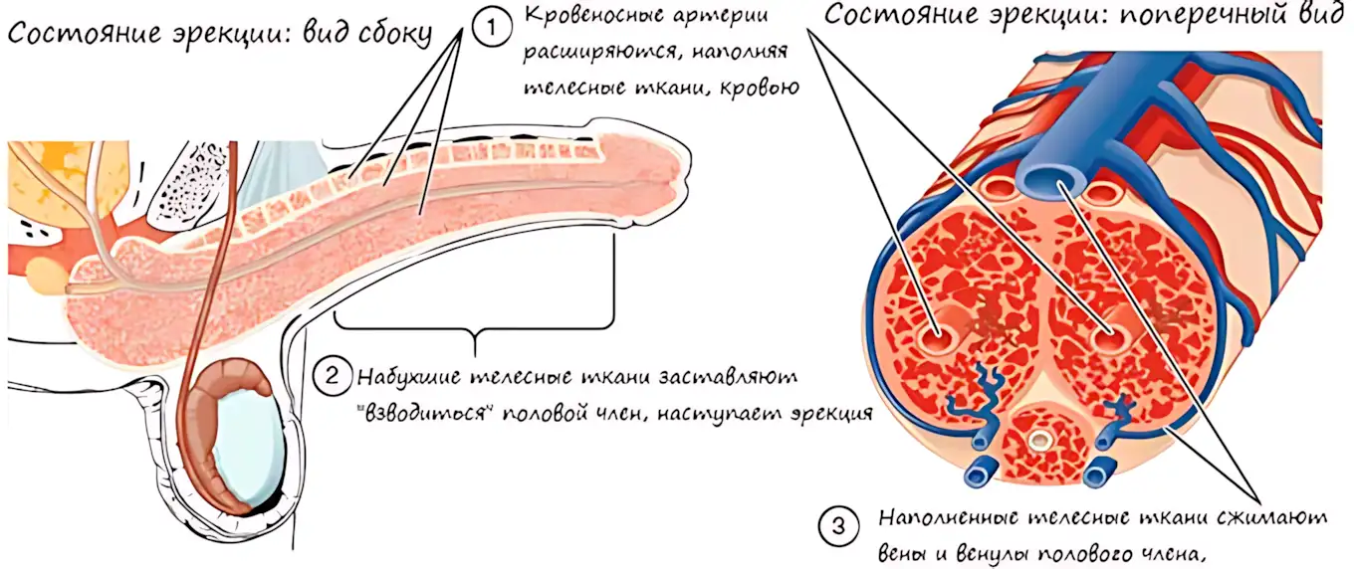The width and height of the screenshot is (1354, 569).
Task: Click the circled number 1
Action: pos(492,28)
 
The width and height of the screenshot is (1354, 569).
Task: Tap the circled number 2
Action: pos(332,376)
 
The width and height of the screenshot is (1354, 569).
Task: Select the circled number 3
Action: pos(838,526)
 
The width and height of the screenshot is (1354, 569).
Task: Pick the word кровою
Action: pos(764,89)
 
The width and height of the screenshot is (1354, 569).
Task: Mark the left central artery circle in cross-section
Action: pos(937,337)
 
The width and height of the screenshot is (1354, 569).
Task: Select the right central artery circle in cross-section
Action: pos(1111,336)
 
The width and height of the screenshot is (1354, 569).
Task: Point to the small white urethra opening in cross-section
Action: pos(1039,441)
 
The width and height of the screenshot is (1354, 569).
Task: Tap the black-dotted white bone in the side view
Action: pos(187,184)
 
